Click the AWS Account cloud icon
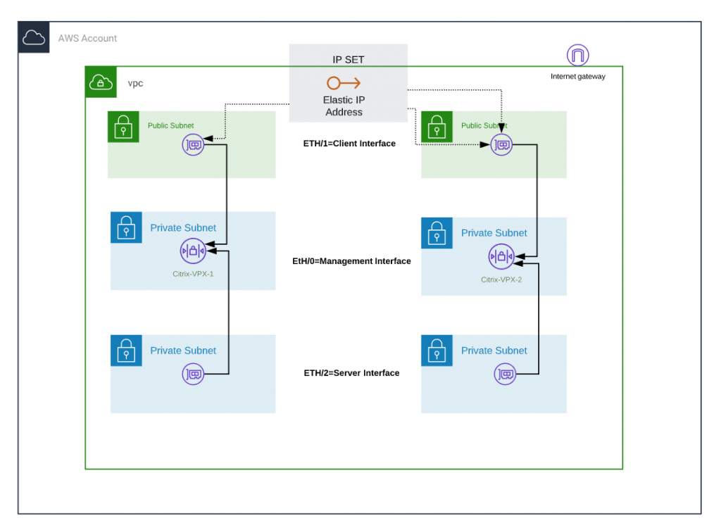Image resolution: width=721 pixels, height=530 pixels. pos(34,38)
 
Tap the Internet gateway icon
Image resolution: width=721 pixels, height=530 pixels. pos(577,55)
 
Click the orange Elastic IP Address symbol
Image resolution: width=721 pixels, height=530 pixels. pos(344,83)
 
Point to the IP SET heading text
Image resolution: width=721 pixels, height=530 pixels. pos(348,60)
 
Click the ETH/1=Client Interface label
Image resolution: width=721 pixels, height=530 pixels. pos(349,144)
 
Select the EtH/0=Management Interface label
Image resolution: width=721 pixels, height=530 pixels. pos(351,261)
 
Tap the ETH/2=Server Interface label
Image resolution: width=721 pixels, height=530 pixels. pos(351,373)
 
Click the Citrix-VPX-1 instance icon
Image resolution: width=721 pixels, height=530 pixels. pos(192,251)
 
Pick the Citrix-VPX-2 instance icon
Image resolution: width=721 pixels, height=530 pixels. pos(501,257)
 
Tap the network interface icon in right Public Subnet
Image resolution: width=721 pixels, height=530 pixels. pos(502,146)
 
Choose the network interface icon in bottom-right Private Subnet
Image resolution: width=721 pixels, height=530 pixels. pos(505,374)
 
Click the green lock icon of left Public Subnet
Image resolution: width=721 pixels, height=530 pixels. pos(123,127)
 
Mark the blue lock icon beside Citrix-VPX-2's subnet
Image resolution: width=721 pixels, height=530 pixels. pos(437,233)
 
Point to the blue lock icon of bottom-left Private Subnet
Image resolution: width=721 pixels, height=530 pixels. pos(126,351)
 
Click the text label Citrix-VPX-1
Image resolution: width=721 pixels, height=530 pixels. pos(192,274)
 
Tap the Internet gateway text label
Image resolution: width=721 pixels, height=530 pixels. pos(577,77)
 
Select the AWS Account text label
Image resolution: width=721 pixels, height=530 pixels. pos(88,38)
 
